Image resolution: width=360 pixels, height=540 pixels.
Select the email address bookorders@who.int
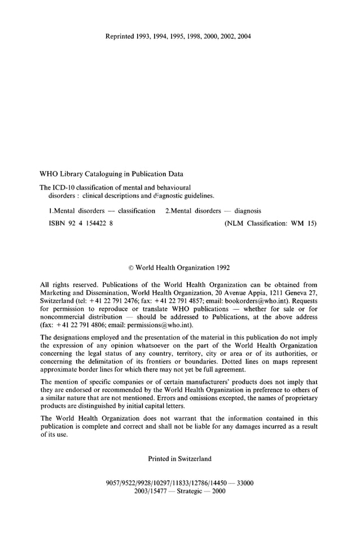point(253,301)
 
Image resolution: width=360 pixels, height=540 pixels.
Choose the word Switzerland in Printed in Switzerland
point(193,459)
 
